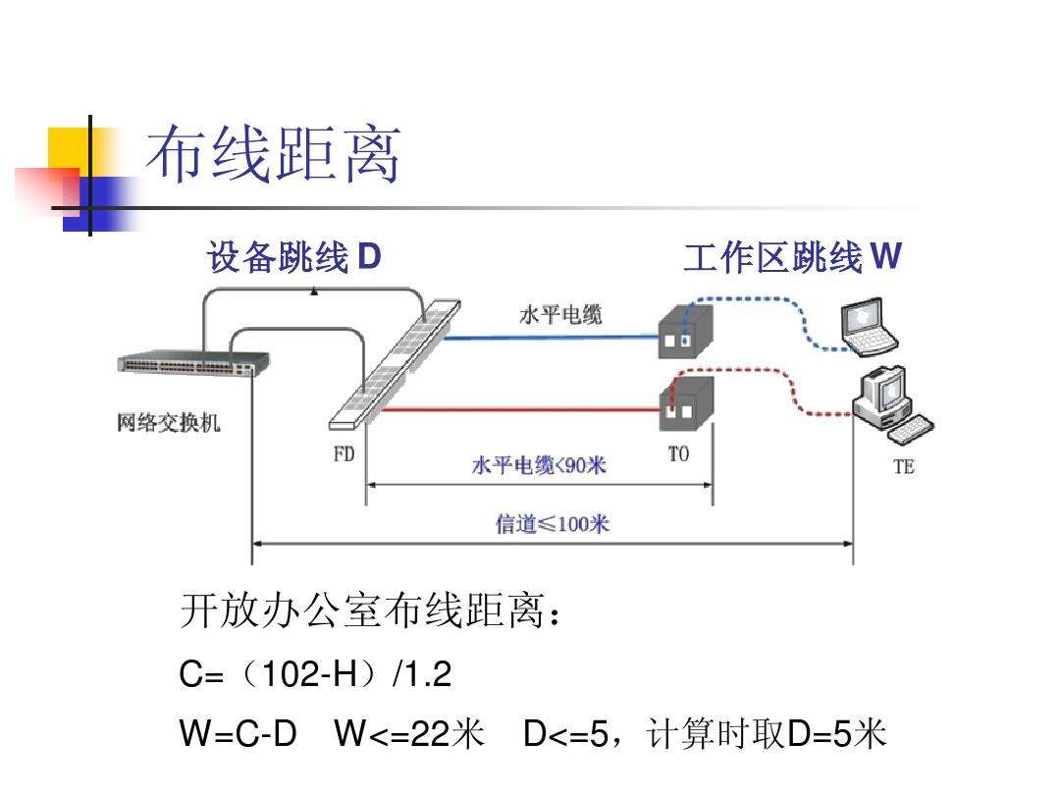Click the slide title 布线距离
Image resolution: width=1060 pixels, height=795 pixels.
coord(274,156)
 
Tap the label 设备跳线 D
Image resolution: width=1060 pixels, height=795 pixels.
coord(293,258)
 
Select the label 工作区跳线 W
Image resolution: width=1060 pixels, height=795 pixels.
coord(791,258)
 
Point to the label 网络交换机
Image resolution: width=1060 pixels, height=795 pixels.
coord(169,423)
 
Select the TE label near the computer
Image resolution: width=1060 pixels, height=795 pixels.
coord(903,467)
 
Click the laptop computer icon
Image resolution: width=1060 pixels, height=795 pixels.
coord(870,328)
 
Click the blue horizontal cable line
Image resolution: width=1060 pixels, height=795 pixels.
coord(550,337)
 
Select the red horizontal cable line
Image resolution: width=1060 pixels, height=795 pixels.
coord(520,410)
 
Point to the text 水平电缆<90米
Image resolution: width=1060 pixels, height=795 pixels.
coord(539,465)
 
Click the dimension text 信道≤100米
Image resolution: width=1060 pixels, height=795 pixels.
coord(552,524)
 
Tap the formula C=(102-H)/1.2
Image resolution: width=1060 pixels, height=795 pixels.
coord(315,675)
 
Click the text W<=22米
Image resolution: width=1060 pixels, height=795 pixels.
coord(409,733)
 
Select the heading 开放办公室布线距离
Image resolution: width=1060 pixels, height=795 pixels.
coord(372,614)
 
